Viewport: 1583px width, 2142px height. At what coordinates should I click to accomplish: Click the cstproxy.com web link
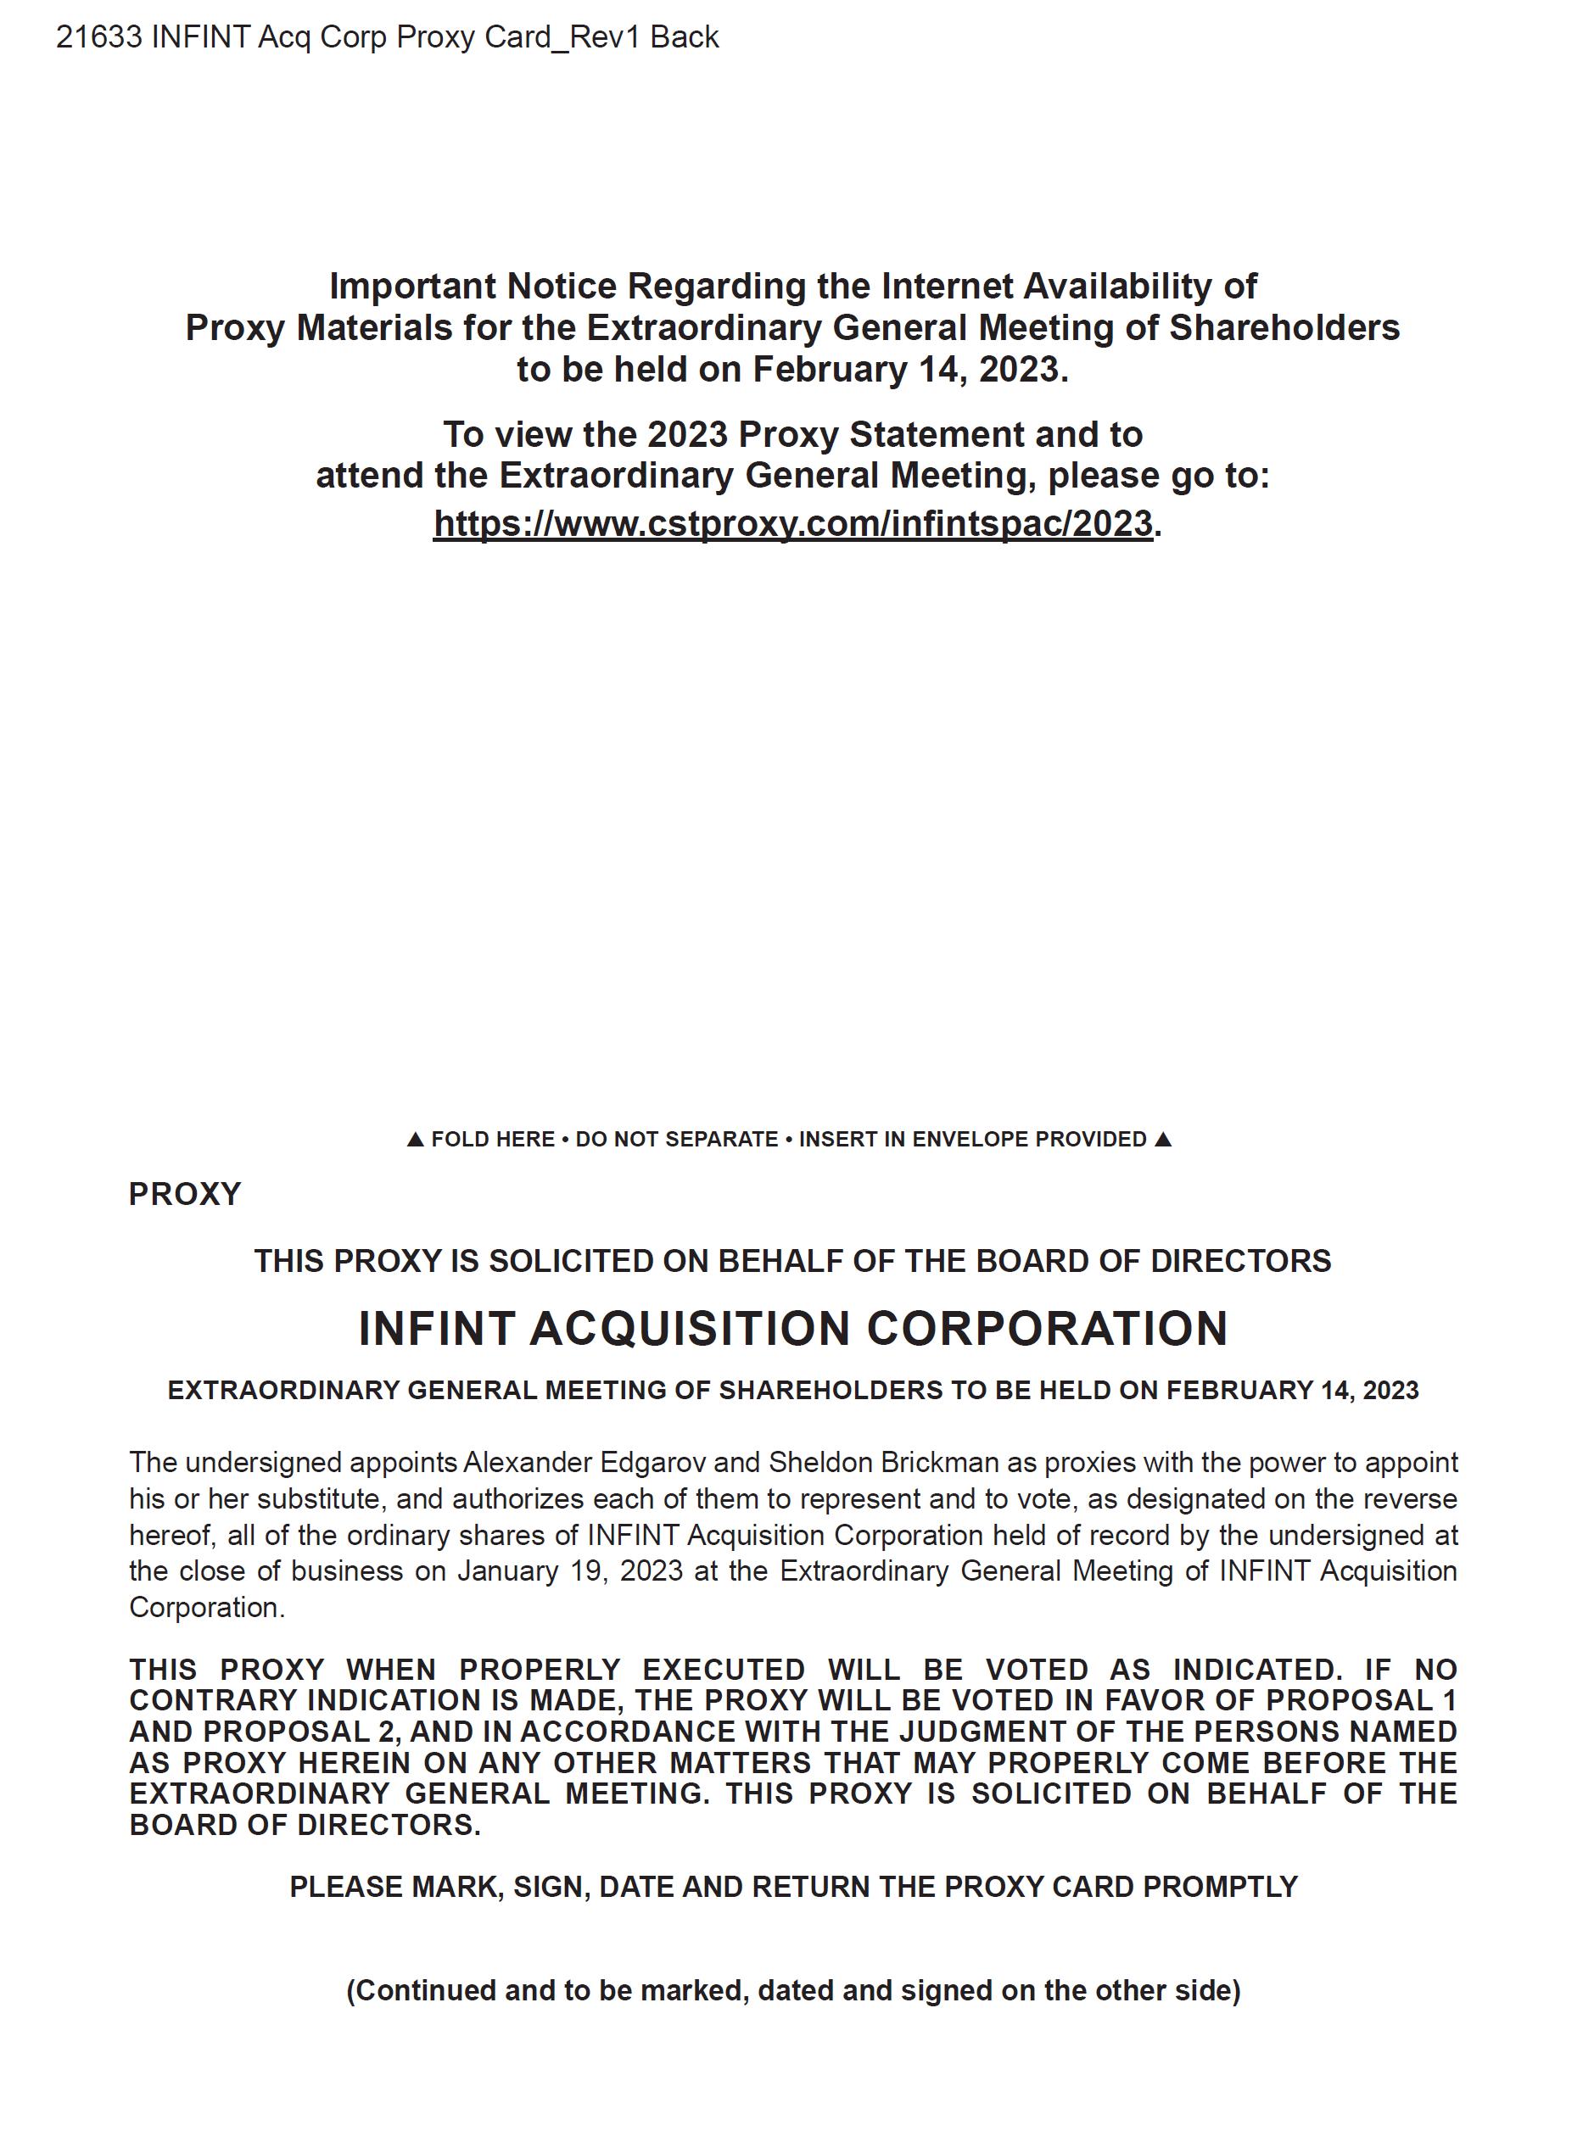tap(792, 524)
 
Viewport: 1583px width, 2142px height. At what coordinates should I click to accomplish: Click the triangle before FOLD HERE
tap(415, 1139)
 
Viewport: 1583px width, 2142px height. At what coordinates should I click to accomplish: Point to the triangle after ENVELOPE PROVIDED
tap(1162, 1139)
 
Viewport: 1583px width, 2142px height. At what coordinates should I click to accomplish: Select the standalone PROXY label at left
tap(185, 1195)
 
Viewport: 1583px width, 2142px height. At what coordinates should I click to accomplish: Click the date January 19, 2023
tap(570, 1571)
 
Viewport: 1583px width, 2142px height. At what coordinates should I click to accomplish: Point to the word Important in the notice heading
tap(412, 286)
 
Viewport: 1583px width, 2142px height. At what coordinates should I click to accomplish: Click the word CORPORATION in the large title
tap(1048, 1329)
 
